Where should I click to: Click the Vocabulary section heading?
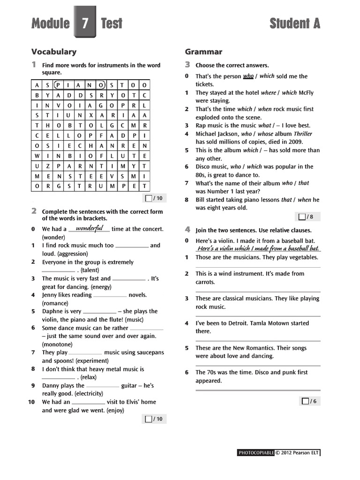(53, 52)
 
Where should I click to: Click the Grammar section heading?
(203, 52)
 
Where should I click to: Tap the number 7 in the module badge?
(85, 23)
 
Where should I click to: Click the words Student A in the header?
(295, 23)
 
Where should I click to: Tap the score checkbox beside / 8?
(302, 217)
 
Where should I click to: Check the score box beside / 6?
(306, 401)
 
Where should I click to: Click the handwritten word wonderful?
(89, 228)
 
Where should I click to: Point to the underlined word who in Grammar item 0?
(248, 76)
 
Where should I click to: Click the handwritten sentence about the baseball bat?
(258, 248)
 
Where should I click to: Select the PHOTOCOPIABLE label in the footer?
(256, 453)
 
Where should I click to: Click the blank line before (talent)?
(58, 271)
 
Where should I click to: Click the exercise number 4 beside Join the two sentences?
(187, 230)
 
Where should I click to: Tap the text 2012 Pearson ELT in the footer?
(300, 453)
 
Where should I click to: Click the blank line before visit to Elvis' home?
(89, 403)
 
